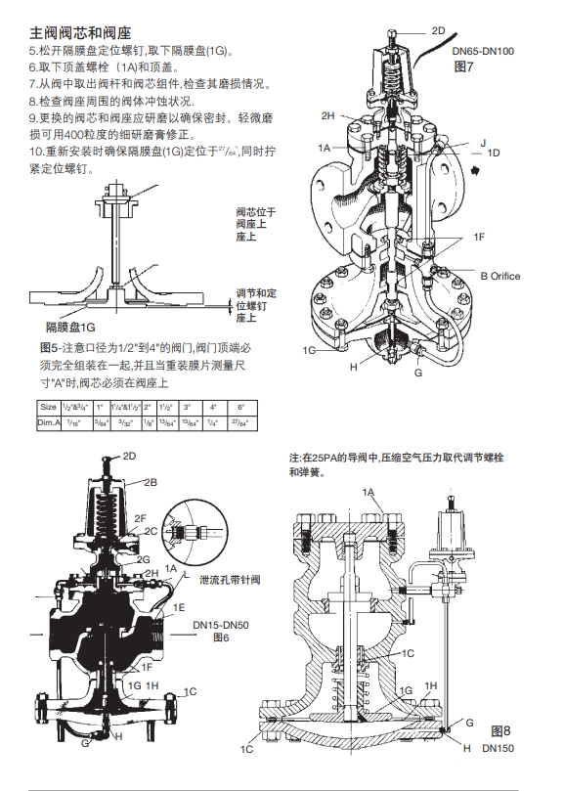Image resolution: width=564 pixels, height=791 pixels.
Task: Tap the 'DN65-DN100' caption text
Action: (x=484, y=51)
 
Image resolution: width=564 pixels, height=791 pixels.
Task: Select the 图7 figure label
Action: (x=465, y=66)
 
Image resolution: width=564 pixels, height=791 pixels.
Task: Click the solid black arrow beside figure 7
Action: (x=476, y=169)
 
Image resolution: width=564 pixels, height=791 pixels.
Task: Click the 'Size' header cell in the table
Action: (x=48, y=406)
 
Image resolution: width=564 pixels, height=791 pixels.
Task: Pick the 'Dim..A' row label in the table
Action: (x=49, y=422)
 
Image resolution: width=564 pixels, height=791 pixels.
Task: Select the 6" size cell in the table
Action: (x=240, y=406)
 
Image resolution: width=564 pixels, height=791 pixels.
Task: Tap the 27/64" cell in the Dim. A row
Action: (x=240, y=422)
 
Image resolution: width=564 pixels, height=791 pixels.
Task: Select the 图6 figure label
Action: (x=221, y=637)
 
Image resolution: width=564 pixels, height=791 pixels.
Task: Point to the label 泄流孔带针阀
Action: (x=230, y=580)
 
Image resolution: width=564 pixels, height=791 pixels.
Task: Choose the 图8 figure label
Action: (x=500, y=730)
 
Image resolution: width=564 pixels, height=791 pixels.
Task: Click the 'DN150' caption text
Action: (x=499, y=748)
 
